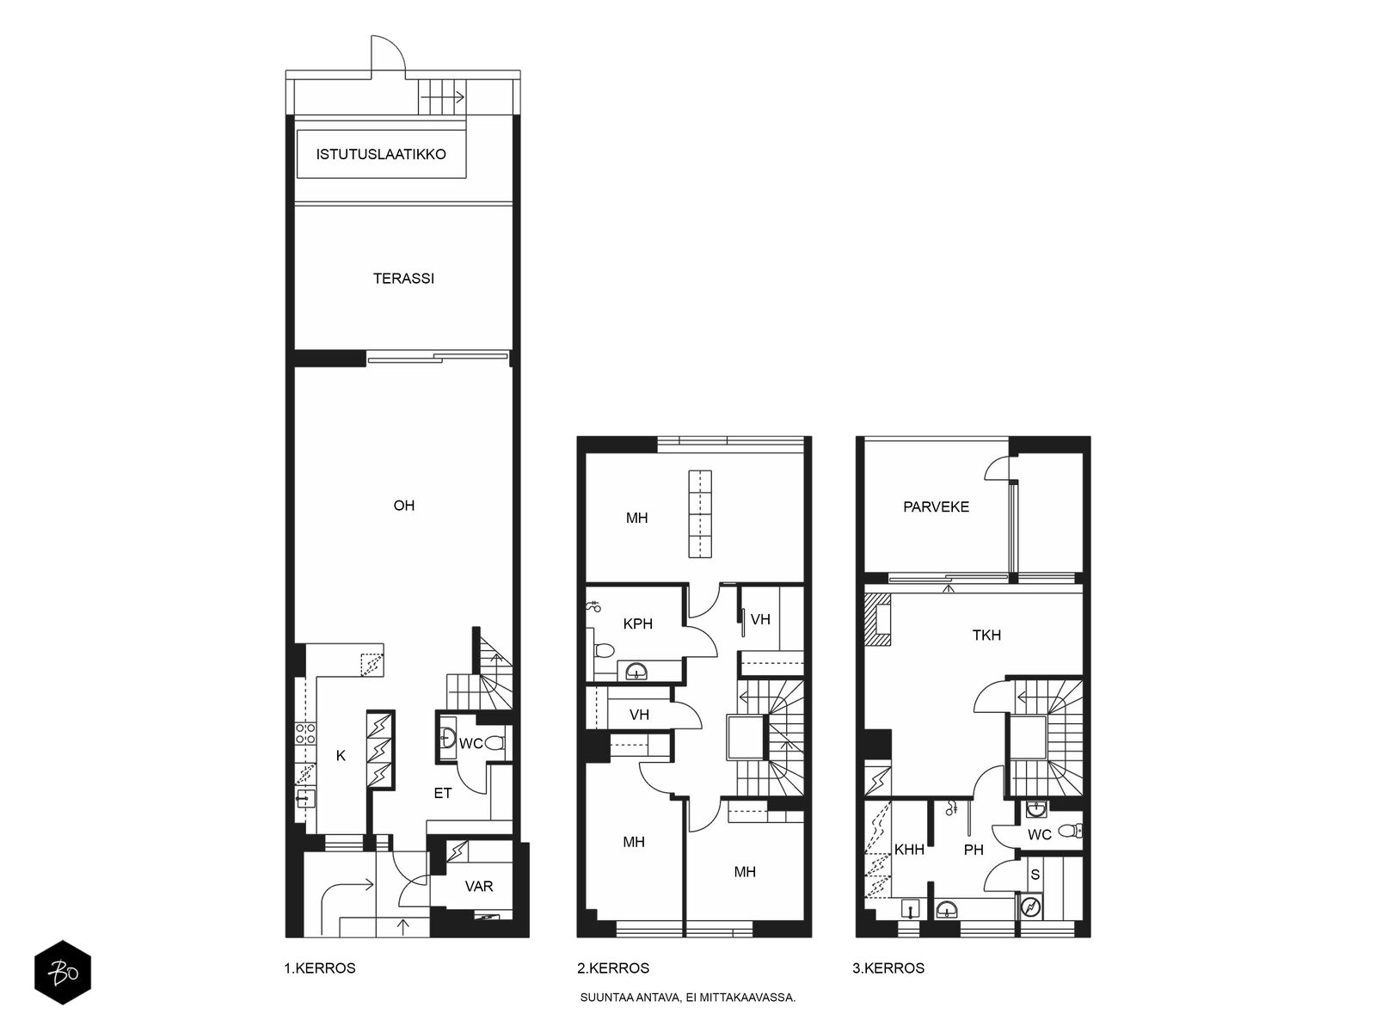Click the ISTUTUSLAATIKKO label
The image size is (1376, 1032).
tap(380, 154)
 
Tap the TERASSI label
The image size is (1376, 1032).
tap(403, 278)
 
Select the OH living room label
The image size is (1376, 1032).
tap(403, 506)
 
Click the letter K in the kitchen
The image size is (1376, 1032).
tap(341, 756)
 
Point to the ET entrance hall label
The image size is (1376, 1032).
tap(443, 793)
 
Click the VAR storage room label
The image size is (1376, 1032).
tap(479, 887)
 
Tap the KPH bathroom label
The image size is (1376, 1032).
tap(637, 624)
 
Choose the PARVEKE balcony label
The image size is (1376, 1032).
tap(936, 507)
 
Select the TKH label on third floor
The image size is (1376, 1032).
tap(986, 636)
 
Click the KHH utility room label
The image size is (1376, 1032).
tap(909, 850)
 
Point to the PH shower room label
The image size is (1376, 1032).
tap(974, 850)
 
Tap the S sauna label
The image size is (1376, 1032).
tap(1035, 875)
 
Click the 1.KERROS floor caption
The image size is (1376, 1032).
tap(320, 968)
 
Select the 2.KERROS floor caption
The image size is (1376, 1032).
tap(613, 968)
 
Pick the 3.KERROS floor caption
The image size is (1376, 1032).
tap(888, 968)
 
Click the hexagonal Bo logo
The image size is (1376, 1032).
tap(63, 973)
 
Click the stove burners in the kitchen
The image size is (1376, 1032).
tap(304, 734)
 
